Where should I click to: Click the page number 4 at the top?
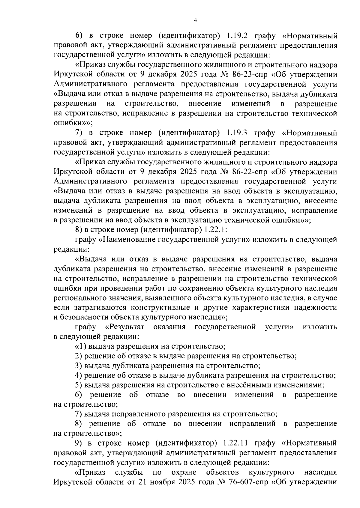(196, 20)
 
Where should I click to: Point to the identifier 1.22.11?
(236, 443)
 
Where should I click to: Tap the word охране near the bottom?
(184, 472)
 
